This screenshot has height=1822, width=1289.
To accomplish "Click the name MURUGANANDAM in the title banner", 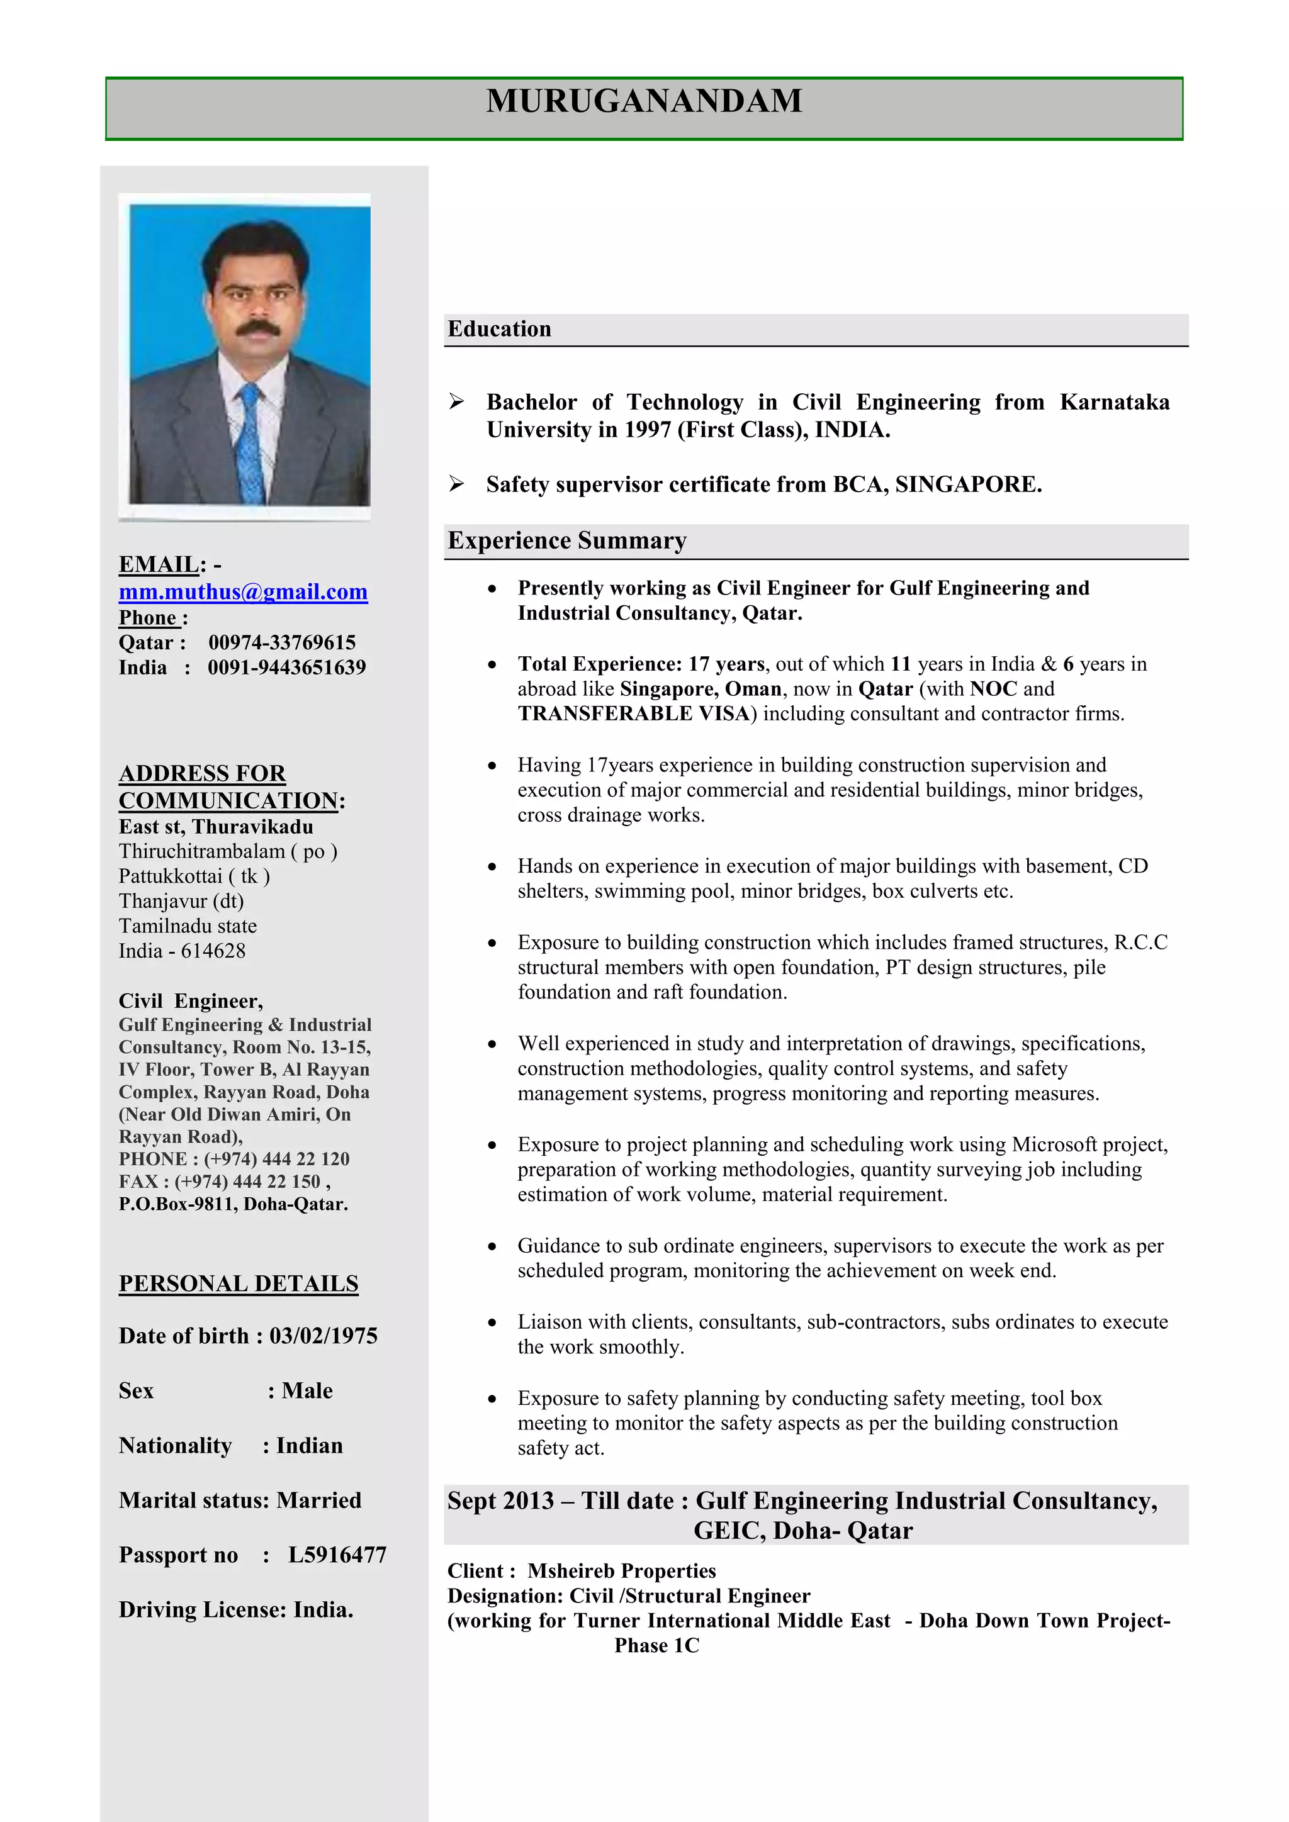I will click(x=644, y=101).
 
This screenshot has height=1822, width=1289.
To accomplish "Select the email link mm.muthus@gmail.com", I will click(x=243, y=592).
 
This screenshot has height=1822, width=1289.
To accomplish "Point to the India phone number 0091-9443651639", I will click(x=286, y=668).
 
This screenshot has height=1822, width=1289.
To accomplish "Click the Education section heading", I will click(x=499, y=329).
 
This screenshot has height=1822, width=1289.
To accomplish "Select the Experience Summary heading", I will click(x=566, y=540).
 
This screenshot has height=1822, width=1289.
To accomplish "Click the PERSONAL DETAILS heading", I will click(x=238, y=1284).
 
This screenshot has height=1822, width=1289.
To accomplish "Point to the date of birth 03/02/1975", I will click(x=323, y=1336).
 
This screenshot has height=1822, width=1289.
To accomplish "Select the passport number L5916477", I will click(x=337, y=1555).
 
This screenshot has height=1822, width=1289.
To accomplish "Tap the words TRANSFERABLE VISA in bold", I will click(x=634, y=714).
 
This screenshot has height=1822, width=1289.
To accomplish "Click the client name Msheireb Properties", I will click(x=621, y=1571).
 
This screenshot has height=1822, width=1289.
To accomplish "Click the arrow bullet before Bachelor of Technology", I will click(x=456, y=401).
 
